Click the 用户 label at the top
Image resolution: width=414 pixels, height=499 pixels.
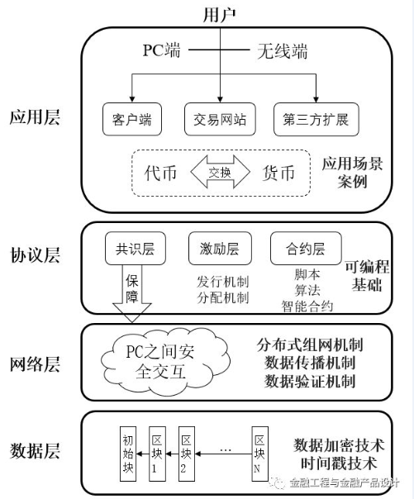click(x=218, y=14)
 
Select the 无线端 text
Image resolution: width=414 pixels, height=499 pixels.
click(x=278, y=52)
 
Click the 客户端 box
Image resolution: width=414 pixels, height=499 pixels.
click(x=131, y=119)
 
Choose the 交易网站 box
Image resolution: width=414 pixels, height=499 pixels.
click(x=220, y=119)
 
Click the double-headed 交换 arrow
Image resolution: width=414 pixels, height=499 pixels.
click(x=220, y=173)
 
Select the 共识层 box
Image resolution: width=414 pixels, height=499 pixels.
click(x=131, y=249)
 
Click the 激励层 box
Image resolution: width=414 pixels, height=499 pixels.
click(x=219, y=249)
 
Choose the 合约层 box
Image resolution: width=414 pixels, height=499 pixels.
click(x=302, y=249)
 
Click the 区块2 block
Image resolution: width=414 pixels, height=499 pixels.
click(x=188, y=452)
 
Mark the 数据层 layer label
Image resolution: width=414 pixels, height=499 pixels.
click(x=34, y=450)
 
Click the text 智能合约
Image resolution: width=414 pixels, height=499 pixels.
click(x=302, y=307)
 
